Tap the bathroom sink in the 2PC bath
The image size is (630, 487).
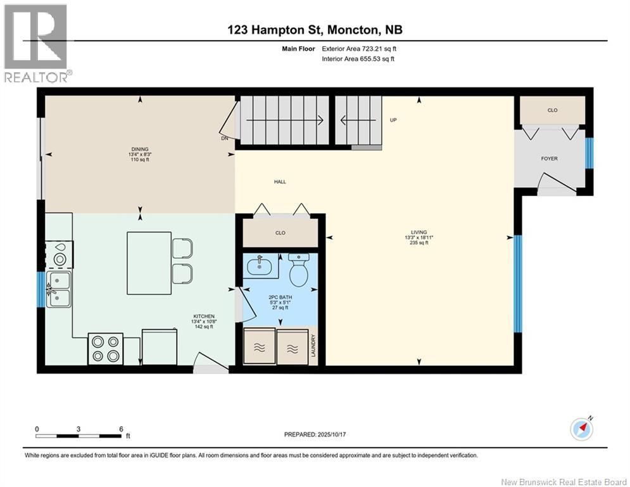261,267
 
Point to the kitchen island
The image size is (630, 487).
149,263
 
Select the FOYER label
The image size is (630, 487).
549,159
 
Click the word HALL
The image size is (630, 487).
280,182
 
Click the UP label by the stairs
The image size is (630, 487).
393,120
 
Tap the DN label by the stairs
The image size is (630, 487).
224,138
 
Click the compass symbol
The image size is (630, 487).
581,429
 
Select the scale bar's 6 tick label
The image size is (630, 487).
121,429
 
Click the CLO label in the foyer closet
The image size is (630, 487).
552,110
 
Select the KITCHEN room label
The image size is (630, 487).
204,316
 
